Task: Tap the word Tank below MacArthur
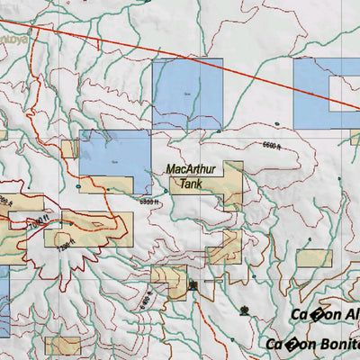[190, 184]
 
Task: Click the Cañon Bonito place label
[312, 344]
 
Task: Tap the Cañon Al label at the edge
[324, 314]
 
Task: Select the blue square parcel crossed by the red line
[187, 93]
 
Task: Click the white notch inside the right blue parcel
[346, 93]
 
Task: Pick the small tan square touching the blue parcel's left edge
[69, 148]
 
